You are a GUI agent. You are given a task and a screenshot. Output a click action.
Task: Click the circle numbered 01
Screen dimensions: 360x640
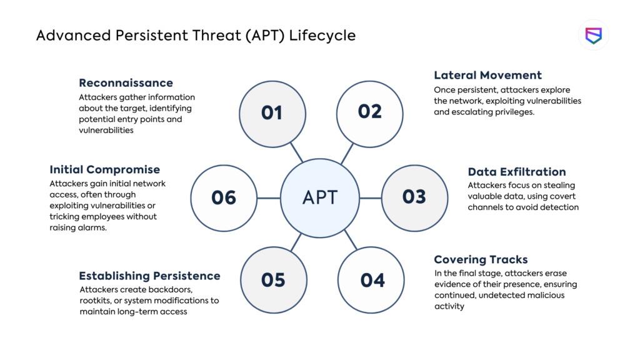(272, 112)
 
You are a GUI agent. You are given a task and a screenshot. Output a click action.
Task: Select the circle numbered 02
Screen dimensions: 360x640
(369, 111)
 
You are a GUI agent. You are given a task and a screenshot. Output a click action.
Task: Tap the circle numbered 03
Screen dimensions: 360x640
(414, 197)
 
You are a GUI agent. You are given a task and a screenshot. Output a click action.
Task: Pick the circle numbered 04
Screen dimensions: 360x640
(372, 279)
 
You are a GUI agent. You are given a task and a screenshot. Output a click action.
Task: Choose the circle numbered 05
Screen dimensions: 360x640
(273, 279)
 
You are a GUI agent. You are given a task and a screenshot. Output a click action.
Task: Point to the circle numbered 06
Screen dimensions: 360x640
(223, 197)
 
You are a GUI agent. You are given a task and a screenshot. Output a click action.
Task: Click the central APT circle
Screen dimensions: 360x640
(319, 197)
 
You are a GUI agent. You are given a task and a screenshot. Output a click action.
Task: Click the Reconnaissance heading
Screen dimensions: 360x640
(126, 82)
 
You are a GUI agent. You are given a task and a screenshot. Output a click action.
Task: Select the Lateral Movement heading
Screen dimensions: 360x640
(487, 75)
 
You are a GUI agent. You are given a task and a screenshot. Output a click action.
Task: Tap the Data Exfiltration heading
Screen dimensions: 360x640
(516, 171)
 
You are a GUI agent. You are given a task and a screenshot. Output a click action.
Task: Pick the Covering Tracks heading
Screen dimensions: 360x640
(481, 259)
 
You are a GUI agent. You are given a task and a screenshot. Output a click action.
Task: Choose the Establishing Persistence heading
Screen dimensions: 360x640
(149, 276)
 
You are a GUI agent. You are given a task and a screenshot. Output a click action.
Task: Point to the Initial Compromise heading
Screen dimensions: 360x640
(104, 169)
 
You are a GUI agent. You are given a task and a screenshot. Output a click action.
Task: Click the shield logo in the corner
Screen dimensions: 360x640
(593, 35)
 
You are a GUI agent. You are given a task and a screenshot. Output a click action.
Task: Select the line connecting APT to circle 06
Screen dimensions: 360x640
(269, 198)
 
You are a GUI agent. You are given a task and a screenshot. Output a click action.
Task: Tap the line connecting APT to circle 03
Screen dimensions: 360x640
(371, 198)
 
